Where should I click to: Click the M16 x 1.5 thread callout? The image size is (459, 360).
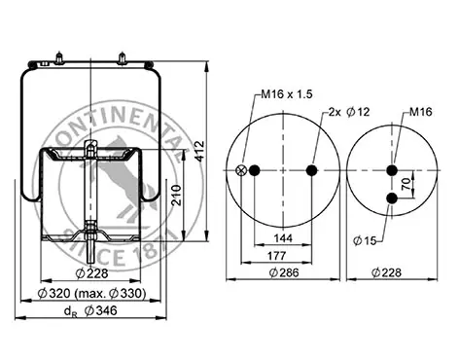[x=287, y=94]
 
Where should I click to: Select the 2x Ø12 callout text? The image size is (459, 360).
[x=349, y=112]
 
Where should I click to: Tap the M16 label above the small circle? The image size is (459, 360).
[x=421, y=112]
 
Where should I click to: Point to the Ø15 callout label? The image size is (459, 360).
[x=365, y=240]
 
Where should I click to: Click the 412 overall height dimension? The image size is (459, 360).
[x=200, y=151]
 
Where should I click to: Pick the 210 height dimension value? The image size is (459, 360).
[x=177, y=195]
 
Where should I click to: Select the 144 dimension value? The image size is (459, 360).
[x=283, y=238]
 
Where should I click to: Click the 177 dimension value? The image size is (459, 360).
[x=276, y=256]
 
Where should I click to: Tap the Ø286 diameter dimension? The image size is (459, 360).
[x=284, y=272]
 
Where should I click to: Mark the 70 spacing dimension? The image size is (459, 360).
[x=406, y=184]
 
